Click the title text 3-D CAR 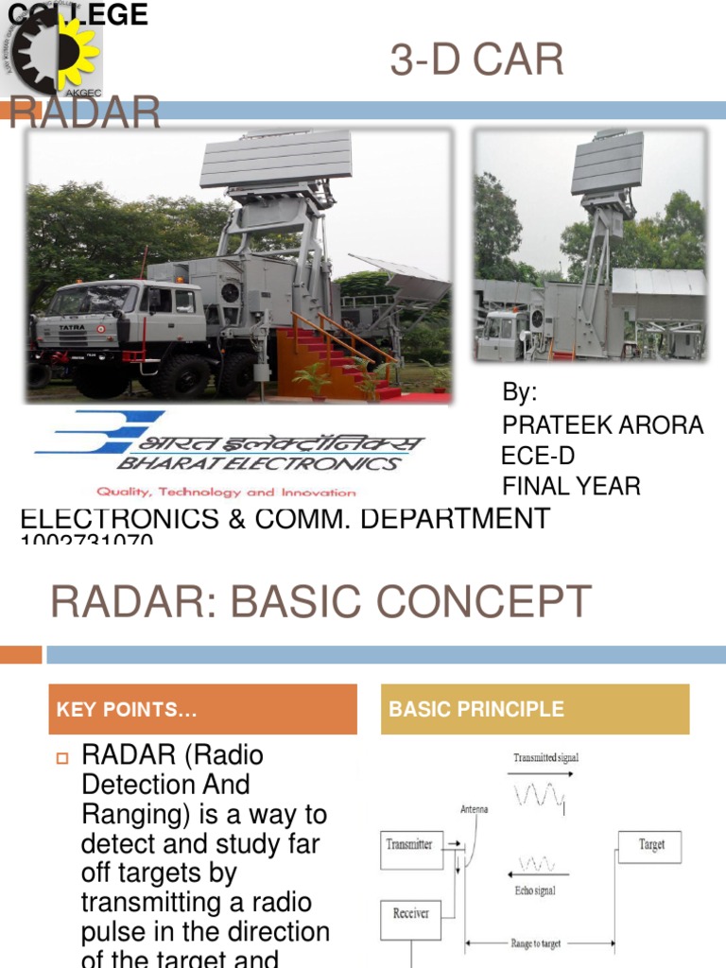tap(476, 61)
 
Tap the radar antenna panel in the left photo tap(275, 160)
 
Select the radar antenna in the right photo tap(607, 162)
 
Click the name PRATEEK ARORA tap(602, 425)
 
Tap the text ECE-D tap(537, 456)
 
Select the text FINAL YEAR tap(571, 486)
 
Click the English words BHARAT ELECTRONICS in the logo tap(257, 464)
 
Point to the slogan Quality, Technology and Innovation tap(225, 492)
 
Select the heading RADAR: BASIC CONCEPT tap(320, 602)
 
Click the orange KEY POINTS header tap(202, 710)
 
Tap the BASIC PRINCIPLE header tap(535, 709)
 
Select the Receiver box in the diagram tap(411, 914)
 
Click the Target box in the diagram tap(651, 845)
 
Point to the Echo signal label tap(534, 890)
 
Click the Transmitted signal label tap(545, 757)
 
